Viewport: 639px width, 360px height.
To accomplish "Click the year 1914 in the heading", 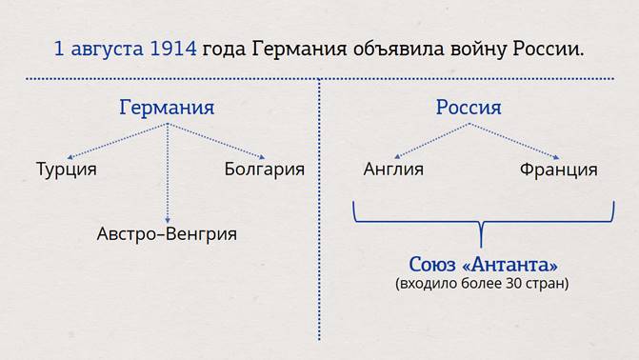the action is pyautogui.click(x=173, y=49).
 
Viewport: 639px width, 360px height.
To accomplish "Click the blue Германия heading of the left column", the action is pyautogui.click(x=167, y=108).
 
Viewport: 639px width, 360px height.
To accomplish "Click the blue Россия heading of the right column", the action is pyautogui.click(x=469, y=108).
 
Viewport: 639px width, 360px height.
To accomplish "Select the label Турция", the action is pyautogui.click(x=67, y=170).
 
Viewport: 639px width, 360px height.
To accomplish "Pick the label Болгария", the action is pyautogui.click(x=265, y=169).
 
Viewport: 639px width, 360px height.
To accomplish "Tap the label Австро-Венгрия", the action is pyautogui.click(x=167, y=234).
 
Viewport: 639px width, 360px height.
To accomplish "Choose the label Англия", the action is pyautogui.click(x=393, y=169).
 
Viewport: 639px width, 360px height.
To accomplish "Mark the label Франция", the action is pyautogui.click(x=559, y=170).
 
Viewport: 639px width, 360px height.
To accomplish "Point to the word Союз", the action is pyautogui.click(x=432, y=265).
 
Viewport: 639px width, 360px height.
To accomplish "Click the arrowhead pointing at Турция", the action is pyautogui.click(x=70, y=157).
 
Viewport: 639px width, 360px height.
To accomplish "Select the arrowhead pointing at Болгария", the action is pyautogui.click(x=262, y=157).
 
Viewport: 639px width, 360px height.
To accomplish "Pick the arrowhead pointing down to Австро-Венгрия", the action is pyautogui.click(x=168, y=221).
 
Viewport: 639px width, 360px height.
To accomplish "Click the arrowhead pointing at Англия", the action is pyautogui.click(x=397, y=156).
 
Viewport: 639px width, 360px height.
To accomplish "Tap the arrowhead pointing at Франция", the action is pyautogui.click(x=557, y=157).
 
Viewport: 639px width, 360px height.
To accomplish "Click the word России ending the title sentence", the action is pyautogui.click(x=549, y=50).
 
